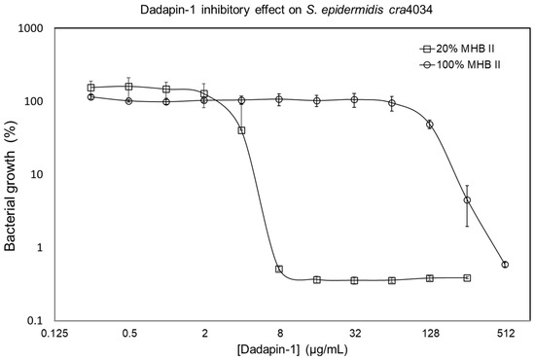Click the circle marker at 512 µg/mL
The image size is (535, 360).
pyautogui.click(x=505, y=265)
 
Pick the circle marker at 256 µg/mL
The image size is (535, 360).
pyautogui.click(x=467, y=200)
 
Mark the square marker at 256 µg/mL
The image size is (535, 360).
pyautogui.click(x=467, y=277)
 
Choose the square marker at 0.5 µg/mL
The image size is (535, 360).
pyautogui.click(x=128, y=87)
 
